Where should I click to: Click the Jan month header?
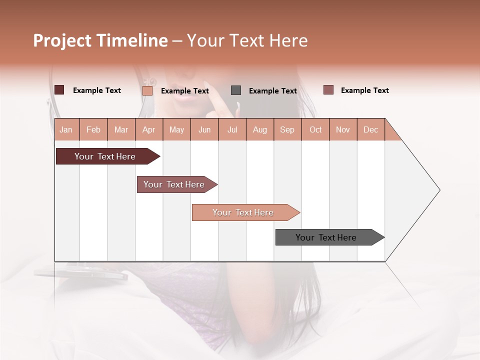point(66,129)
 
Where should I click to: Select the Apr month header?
point(148,129)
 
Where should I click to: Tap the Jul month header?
point(232,129)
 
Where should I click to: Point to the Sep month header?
point(287,129)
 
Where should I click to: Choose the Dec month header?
point(370,129)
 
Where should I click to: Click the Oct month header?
point(315,129)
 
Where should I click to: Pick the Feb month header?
point(93,129)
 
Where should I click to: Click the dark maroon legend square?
point(59,90)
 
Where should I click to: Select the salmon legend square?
point(147,90)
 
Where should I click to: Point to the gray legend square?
point(236,90)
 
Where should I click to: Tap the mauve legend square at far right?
point(328,90)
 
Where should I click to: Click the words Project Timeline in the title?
point(100,40)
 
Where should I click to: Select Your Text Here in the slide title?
point(247,40)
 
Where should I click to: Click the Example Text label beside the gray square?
point(272,91)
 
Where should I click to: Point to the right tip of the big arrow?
point(439,190)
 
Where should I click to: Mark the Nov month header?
point(343,129)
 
